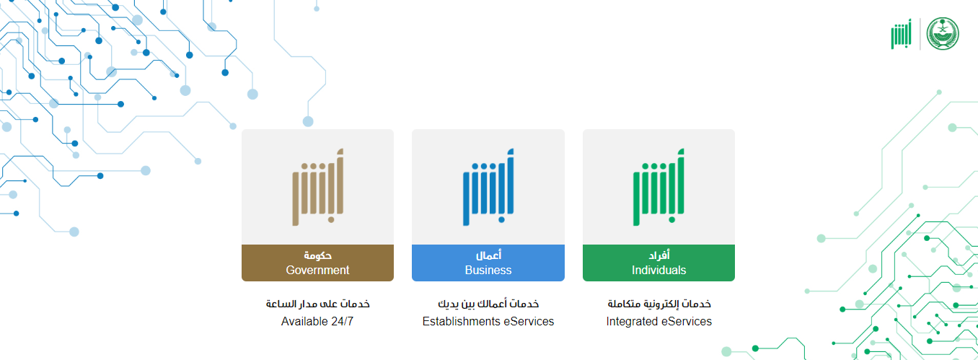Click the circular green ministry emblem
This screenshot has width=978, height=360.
tap(943, 34)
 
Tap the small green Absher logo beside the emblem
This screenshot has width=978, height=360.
tap(901, 34)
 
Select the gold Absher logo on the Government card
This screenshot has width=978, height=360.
tap(318, 187)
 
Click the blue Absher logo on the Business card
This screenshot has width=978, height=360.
tap(488, 187)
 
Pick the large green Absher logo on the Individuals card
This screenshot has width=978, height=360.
tap(658, 187)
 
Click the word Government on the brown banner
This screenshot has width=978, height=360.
tap(317, 270)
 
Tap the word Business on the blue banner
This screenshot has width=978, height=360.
tap(488, 270)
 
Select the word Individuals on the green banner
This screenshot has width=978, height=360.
tap(658, 270)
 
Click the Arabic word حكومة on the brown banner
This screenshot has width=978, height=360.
tap(318, 255)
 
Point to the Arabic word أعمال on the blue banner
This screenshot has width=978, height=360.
tap(488, 255)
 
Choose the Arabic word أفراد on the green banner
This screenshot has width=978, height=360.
tap(659, 255)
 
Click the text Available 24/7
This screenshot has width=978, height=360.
tap(317, 322)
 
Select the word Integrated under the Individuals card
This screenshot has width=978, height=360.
tap(632, 322)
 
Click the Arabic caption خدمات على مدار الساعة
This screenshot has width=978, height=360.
tap(318, 304)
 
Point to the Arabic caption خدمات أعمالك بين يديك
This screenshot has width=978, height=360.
tap(488, 304)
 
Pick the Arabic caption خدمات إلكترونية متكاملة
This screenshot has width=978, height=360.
tap(659, 304)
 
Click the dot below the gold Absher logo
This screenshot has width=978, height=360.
tap(331, 220)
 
